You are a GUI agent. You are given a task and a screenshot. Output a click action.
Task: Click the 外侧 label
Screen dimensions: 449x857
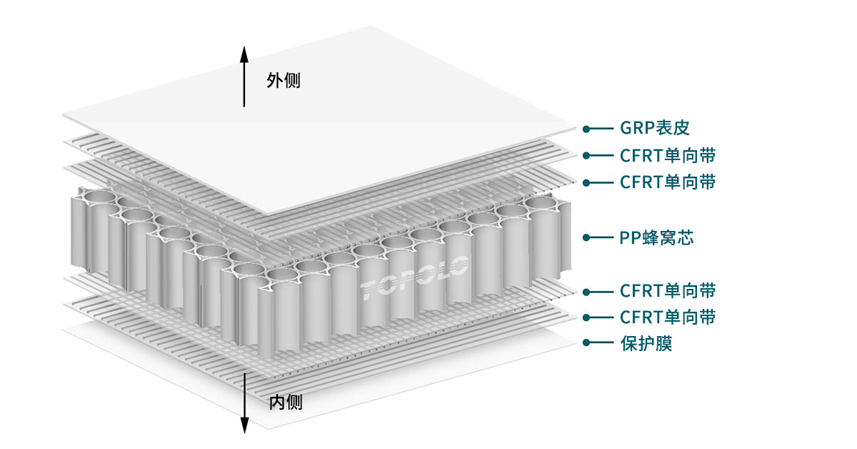[284, 80]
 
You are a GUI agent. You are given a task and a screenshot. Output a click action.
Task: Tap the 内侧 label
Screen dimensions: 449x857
[285, 402]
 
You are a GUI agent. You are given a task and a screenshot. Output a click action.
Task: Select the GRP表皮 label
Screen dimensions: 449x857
[654, 129]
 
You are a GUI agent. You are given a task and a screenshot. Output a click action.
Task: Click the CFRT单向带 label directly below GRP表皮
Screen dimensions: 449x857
[668, 155]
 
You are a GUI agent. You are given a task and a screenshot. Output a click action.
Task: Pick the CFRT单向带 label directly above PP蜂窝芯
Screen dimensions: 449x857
[668, 182]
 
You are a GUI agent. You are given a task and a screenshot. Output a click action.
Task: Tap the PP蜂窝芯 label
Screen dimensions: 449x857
[656, 237]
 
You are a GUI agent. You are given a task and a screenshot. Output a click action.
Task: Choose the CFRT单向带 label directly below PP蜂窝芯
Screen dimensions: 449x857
[668, 290]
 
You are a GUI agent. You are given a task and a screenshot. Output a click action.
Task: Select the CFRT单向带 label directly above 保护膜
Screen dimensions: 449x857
[668, 317]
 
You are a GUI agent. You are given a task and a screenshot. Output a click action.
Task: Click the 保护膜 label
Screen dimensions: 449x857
[646, 343]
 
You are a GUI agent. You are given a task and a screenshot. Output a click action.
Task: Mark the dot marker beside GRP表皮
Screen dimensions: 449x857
[586, 129]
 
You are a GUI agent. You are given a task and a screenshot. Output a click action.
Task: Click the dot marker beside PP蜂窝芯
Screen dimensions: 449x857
[586, 237]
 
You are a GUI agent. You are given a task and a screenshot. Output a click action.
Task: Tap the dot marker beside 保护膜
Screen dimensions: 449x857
[586, 343]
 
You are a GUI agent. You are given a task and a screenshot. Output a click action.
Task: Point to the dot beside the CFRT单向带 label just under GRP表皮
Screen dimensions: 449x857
[586, 155]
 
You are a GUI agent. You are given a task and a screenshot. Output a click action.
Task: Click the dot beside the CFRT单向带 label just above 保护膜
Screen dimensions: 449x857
[586, 317]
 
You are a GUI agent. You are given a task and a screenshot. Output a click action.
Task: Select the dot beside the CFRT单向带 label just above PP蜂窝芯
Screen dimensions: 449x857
[586, 182]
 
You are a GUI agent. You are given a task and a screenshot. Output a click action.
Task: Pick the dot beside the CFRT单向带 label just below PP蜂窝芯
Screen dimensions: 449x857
[586, 291]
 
